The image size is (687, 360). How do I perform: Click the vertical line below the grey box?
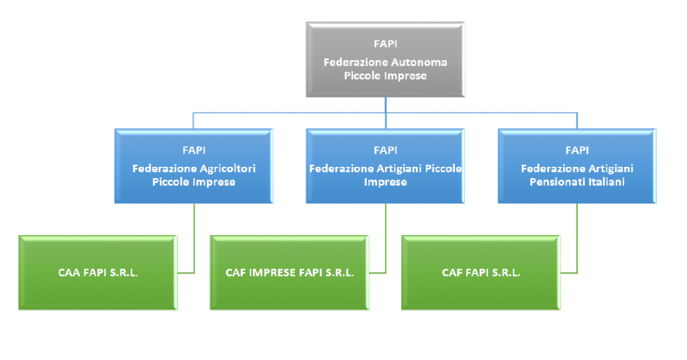click(x=385, y=105)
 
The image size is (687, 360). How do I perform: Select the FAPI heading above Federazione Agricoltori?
click(x=194, y=151)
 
